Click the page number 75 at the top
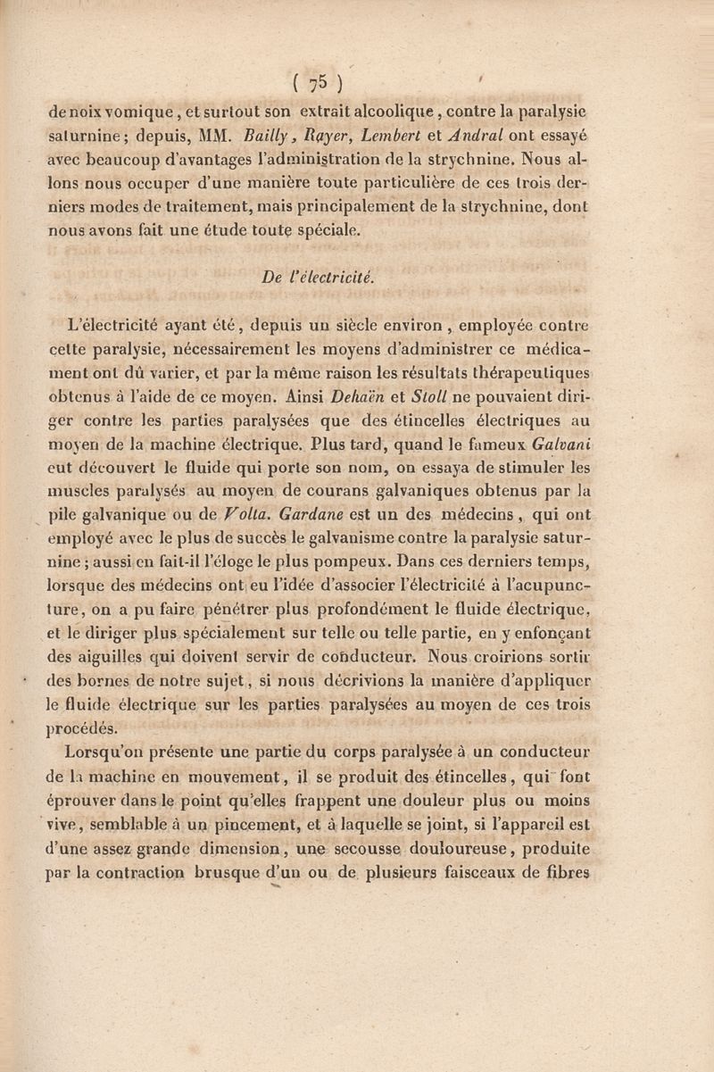pyautogui.click(x=312, y=84)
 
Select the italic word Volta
pyautogui.click(x=247, y=516)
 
